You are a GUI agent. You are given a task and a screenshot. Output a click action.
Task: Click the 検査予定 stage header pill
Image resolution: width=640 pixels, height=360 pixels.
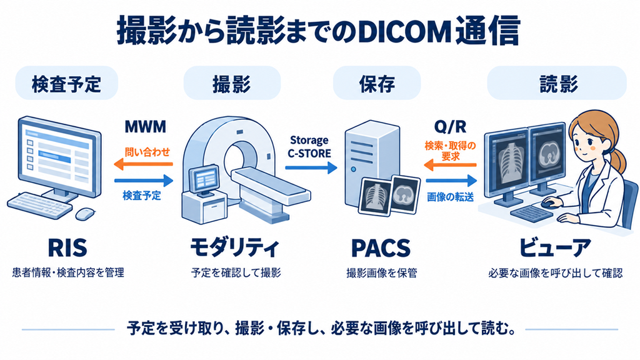[66, 83]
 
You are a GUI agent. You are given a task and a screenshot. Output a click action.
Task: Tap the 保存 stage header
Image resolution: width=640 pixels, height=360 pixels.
[377, 83]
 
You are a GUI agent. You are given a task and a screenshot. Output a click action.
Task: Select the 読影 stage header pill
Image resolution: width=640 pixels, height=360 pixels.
[557, 83]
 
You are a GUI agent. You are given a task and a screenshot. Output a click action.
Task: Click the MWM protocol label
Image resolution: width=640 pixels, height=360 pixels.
[145, 127]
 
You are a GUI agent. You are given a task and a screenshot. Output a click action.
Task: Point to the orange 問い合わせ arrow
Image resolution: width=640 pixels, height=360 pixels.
[143, 164]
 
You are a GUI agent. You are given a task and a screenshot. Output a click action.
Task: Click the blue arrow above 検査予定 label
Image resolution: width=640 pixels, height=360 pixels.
[144, 180]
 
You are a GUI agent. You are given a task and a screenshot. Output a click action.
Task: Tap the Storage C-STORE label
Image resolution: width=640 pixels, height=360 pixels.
[309, 147]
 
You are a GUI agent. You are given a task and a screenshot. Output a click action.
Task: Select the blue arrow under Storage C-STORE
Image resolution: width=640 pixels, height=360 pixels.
[311, 167]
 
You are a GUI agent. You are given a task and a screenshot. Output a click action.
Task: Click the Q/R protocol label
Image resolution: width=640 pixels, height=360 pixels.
[450, 127]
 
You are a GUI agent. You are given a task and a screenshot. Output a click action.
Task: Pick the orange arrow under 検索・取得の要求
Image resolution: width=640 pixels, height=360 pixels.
[450, 165]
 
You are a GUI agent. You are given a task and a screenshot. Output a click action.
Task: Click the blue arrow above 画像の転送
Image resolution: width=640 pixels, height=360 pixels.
[451, 180]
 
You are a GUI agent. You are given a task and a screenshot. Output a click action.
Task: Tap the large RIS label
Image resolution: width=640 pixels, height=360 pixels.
[67, 247]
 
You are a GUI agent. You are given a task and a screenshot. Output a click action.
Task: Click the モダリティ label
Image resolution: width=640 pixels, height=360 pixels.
[235, 247]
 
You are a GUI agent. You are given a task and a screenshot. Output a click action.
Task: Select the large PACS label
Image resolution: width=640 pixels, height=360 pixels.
[381, 247]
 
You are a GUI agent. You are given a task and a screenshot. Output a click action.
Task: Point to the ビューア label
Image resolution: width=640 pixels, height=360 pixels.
[555, 247]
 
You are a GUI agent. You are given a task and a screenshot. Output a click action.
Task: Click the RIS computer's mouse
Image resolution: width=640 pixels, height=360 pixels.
[85, 213]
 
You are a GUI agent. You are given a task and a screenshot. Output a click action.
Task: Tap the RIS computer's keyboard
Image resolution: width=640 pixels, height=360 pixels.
[39, 205]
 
